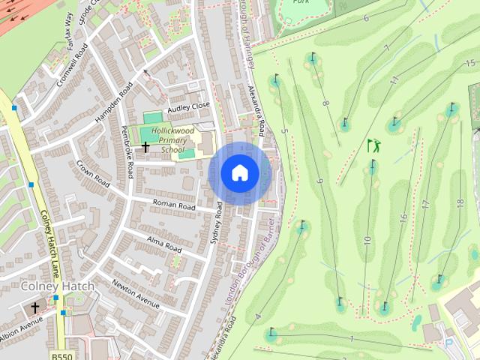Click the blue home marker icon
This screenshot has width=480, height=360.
[240, 173]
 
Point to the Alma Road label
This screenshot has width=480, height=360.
[163, 244]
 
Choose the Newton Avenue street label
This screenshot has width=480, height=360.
[136, 293]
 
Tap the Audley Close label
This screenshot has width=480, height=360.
[189, 107]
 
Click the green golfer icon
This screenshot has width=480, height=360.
[373, 145]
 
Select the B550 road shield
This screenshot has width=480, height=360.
[62, 355]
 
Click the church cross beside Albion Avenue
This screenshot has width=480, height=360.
[34, 307]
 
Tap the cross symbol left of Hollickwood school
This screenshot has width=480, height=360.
[145, 147]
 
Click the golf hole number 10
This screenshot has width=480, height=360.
[367, 241]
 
